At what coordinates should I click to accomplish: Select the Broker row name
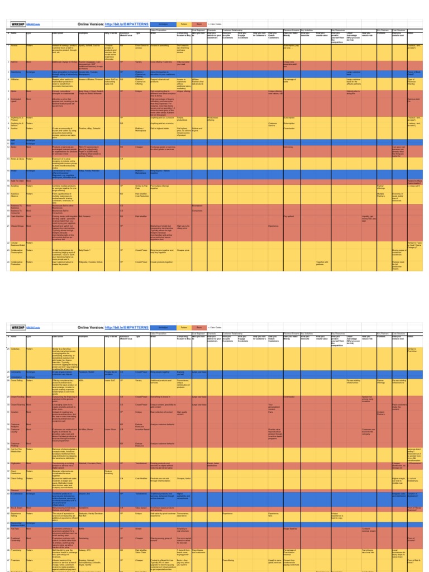(14, 171)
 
